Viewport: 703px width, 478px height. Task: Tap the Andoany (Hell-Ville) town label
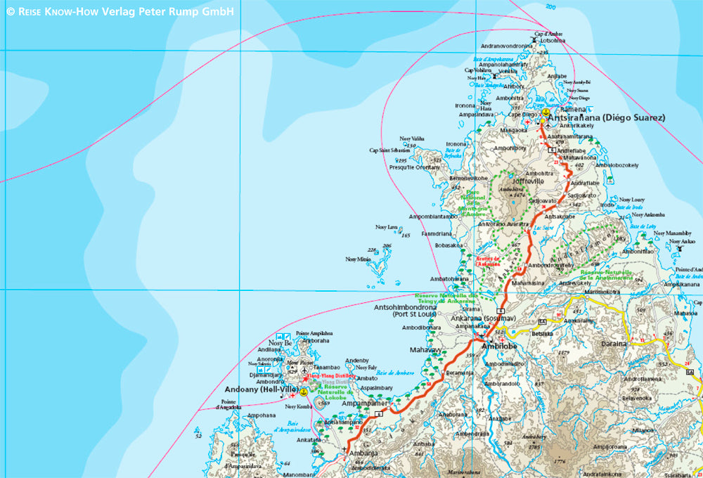click(261, 389)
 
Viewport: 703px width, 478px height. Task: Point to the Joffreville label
click(544, 181)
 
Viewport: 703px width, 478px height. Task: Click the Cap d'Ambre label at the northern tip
click(548, 34)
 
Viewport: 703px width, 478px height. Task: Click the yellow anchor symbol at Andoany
click(304, 391)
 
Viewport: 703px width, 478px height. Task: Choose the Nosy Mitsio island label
click(358, 259)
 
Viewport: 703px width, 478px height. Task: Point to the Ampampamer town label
click(365, 403)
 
